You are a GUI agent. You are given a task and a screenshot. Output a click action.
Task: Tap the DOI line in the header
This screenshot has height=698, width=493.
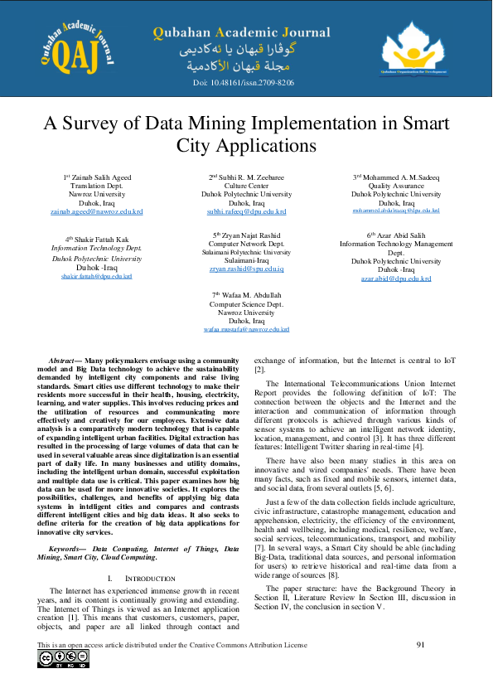[x=244, y=83]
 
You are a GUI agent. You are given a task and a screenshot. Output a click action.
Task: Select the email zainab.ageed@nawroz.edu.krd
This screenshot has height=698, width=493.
[x=97, y=211]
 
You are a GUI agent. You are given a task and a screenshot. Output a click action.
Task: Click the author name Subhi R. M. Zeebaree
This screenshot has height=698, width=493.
[x=246, y=177]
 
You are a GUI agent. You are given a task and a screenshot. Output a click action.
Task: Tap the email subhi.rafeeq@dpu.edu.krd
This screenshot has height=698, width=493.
[x=246, y=211]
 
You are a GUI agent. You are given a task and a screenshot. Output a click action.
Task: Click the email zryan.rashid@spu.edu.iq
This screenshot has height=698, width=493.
[x=246, y=270]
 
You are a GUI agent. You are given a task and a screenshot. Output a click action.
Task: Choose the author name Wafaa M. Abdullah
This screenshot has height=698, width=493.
[x=247, y=295]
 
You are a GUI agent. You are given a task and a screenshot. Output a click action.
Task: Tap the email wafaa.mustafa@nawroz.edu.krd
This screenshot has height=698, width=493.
[x=247, y=329]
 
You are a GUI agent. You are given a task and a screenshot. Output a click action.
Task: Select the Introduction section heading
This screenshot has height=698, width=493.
[x=139, y=577]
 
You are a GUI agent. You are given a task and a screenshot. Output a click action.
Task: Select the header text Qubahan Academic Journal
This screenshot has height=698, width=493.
[x=241, y=33]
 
